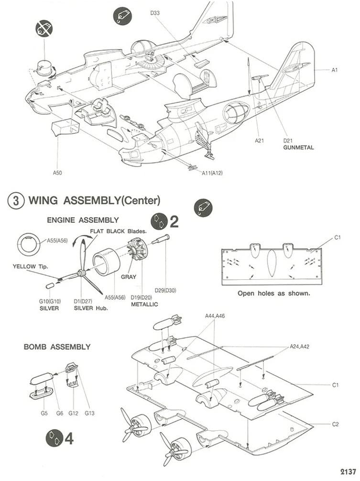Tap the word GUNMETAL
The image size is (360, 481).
click(299, 147)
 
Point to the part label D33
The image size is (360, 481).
click(155, 13)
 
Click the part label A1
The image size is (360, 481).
click(335, 70)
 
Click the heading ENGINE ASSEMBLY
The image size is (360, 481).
click(83, 220)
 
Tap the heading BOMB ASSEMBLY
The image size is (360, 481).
click(57, 347)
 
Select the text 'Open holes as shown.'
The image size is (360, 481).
click(273, 293)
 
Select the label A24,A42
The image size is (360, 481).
click(299, 346)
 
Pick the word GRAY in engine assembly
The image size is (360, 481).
click(129, 277)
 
